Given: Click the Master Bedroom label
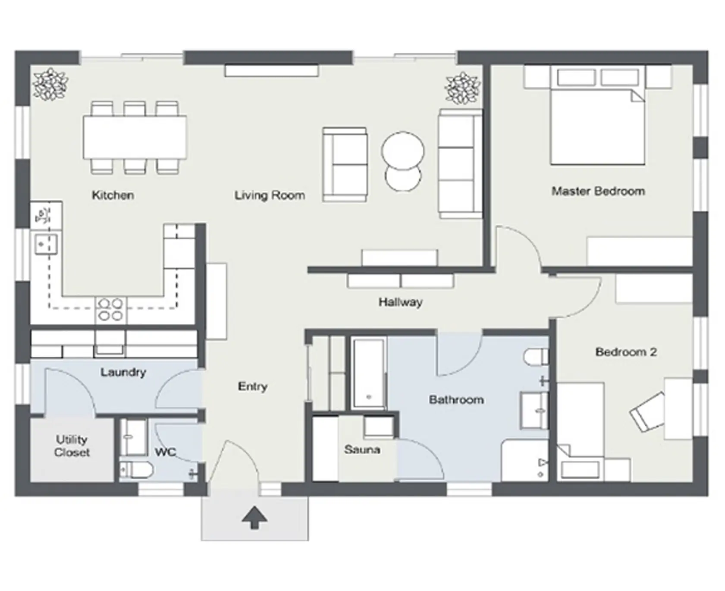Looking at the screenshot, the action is coord(598,191).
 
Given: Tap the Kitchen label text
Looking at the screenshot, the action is coord(113,195).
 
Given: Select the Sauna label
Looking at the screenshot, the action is coord(362,450).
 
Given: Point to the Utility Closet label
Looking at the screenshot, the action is coord(72,446).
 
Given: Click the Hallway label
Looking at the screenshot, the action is coord(400,302).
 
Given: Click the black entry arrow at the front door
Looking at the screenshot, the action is coord(254,517).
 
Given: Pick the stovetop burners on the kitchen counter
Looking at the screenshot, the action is coord(110,310).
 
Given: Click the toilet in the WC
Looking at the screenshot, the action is coord(135,470).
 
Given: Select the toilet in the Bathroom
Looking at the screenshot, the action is coord(536,357).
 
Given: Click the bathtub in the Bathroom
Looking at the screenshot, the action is coord(369,373).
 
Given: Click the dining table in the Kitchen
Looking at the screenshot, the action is coord(135,137).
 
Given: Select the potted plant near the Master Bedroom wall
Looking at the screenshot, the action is coord(463,88).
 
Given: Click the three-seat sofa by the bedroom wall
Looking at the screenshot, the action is coord(460,163).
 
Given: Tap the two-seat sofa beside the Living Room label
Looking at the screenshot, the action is coord(345,164).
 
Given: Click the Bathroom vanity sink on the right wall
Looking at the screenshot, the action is coord(535,410).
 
